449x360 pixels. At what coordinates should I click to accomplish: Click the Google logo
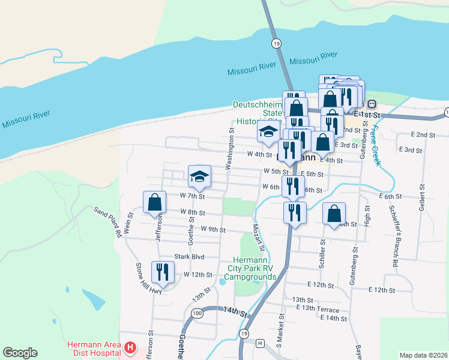pyautogui.click(x=20, y=353)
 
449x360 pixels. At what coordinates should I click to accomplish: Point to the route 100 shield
pyautogui.click(x=197, y=313)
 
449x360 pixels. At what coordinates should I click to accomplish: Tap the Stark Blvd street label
pyautogui.click(x=189, y=257)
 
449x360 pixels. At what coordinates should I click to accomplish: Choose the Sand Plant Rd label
pyautogui.click(x=107, y=220)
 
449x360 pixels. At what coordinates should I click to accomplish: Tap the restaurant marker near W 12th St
pyautogui.click(x=162, y=272)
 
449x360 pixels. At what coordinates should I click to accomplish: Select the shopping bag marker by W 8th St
pyautogui.click(x=155, y=202)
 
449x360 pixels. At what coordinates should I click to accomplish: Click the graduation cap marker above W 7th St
pyautogui.click(x=199, y=176)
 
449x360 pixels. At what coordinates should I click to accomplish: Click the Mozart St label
pyautogui.click(x=258, y=238)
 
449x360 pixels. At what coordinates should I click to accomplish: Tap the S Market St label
pyautogui.click(x=280, y=331)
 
